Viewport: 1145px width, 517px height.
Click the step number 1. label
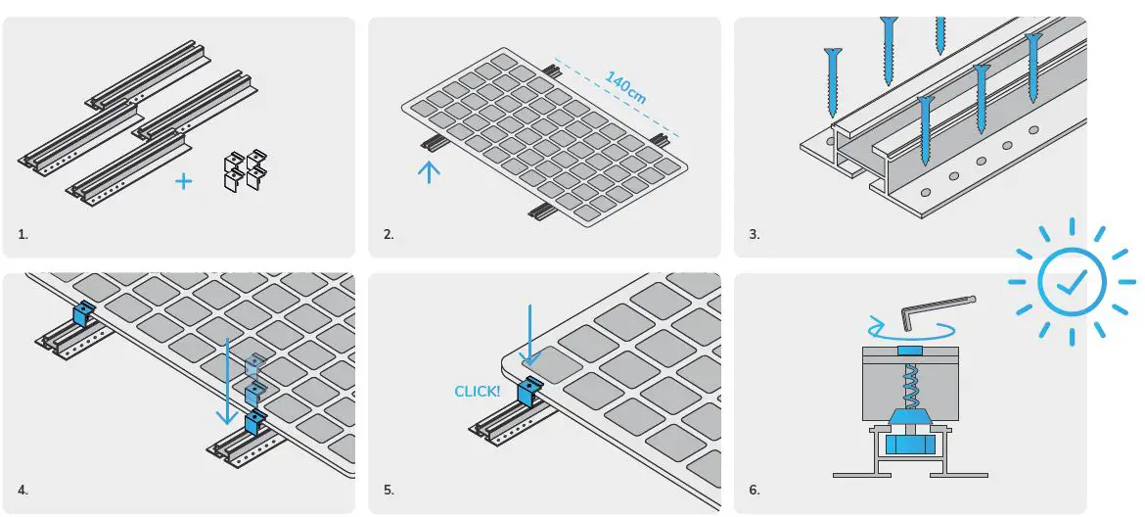23,235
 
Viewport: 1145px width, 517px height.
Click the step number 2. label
389,235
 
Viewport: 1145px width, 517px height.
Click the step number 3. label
754,235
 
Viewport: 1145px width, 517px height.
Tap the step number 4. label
23,489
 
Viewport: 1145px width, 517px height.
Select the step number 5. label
389,489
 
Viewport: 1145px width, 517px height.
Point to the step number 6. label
754,489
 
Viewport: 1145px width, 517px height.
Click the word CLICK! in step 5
478,392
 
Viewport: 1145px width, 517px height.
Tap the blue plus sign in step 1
183,180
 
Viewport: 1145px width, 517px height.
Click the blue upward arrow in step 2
429,171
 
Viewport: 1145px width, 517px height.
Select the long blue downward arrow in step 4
227,382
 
